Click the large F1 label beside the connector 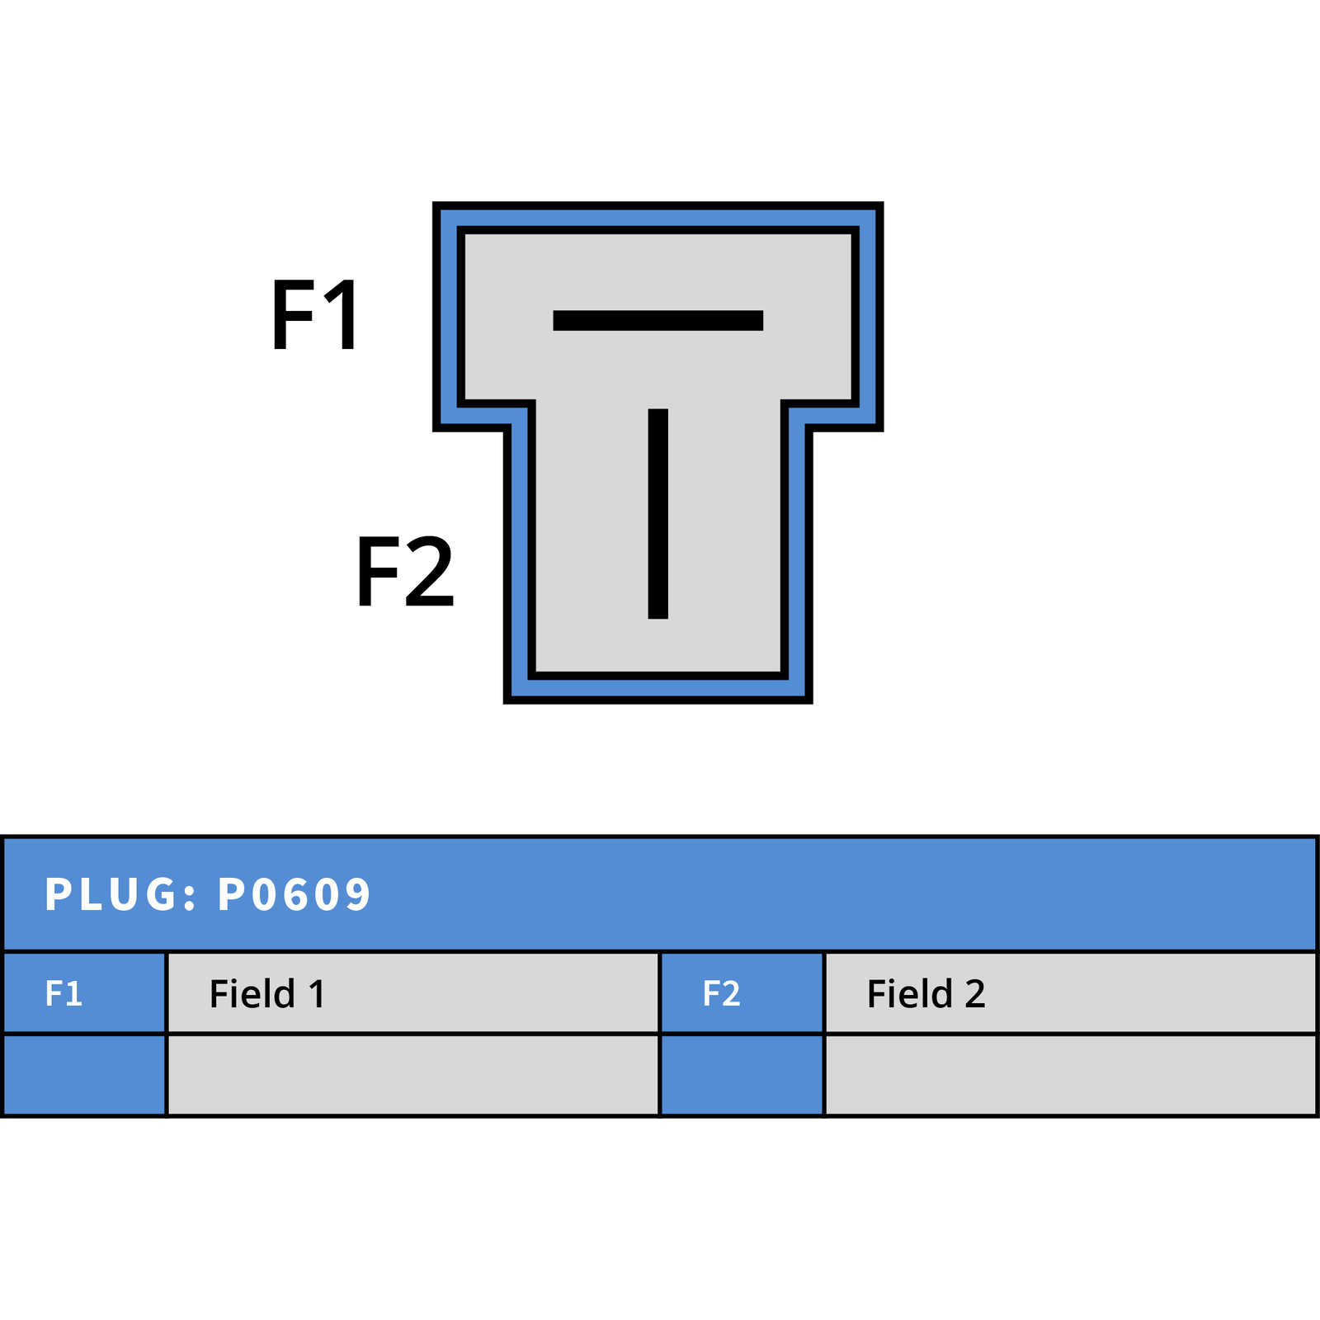click(x=315, y=314)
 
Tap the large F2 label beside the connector click(x=405, y=570)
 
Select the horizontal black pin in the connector click(x=658, y=320)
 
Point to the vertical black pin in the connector click(x=658, y=513)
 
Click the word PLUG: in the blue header click(x=121, y=894)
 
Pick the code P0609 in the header click(x=295, y=894)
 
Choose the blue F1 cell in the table click(x=84, y=992)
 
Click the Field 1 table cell click(x=412, y=992)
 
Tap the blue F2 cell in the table click(x=742, y=992)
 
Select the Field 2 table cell click(x=1070, y=992)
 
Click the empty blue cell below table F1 click(x=84, y=1075)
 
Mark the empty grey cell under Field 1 click(x=412, y=1075)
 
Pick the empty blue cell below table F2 click(x=742, y=1075)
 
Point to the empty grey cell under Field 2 click(x=1070, y=1075)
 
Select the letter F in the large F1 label click(x=291, y=314)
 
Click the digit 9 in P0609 click(x=357, y=894)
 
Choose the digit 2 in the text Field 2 click(x=975, y=994)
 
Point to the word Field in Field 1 click(x=252, y=992)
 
